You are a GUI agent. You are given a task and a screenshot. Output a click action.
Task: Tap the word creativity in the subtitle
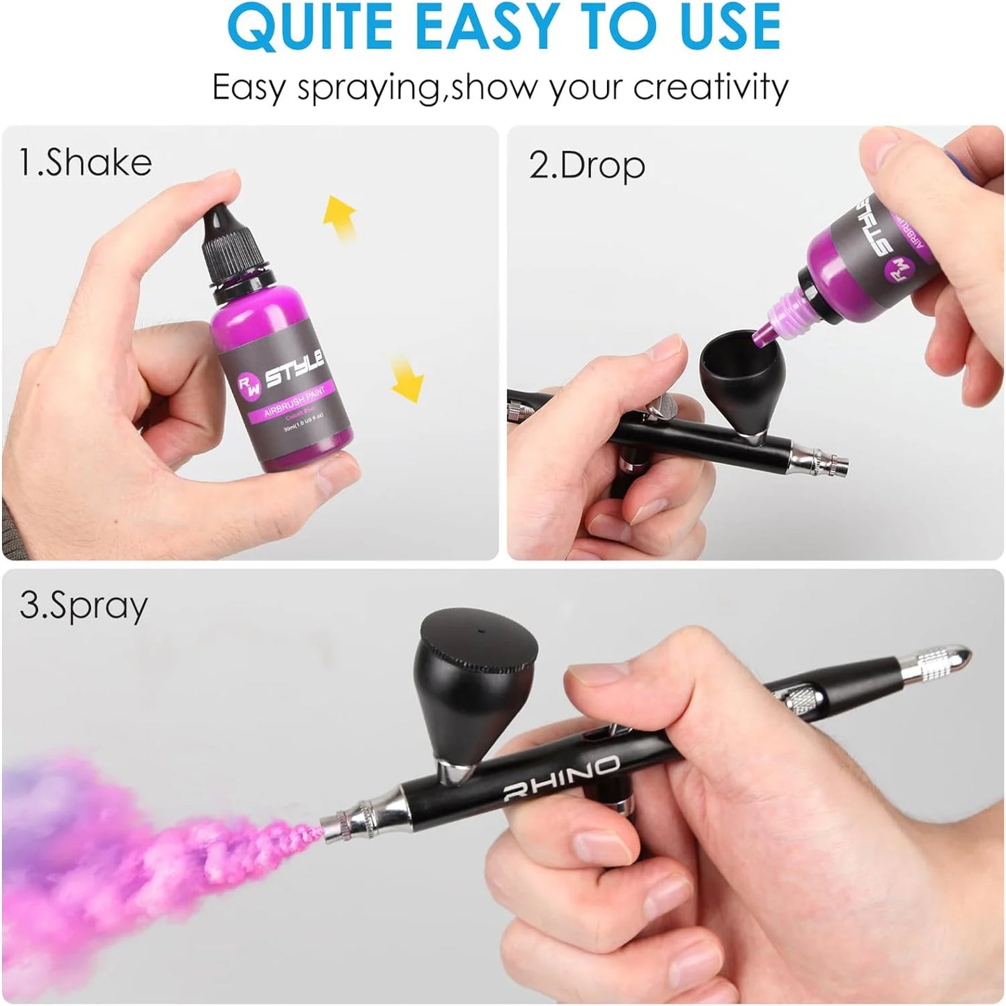point(710,88)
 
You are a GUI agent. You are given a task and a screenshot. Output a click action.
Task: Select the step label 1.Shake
point(85,162)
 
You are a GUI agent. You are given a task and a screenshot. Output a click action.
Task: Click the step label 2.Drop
point(587,166)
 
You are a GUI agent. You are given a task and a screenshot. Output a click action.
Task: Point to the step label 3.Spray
point(84,606)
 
